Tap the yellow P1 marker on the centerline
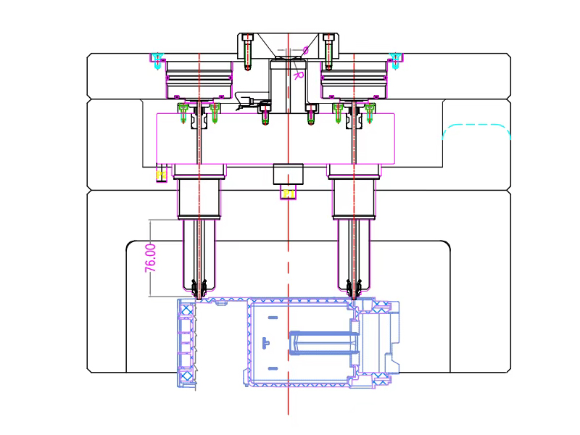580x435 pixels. coord(289,194)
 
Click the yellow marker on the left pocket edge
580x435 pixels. coord(161,175)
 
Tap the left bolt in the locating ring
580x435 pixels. coord(248,51)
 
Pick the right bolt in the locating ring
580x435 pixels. coord(328,51)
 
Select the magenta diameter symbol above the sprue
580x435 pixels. coord(305,50)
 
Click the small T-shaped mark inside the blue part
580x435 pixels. coord(265,342)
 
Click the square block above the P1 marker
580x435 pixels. coord(288,175)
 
